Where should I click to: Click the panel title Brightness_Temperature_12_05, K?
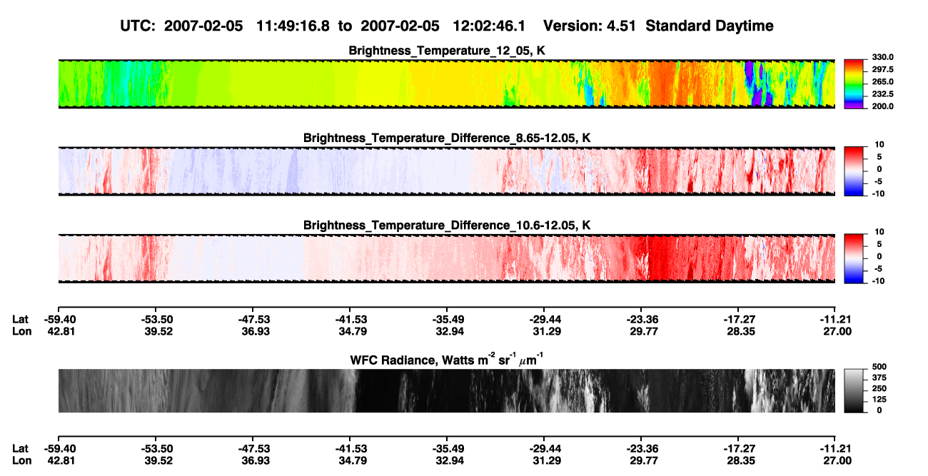(x=447, y=51)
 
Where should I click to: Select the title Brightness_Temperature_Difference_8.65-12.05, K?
(x=447, y=138)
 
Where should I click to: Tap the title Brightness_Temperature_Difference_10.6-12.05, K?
(x=447, y=226)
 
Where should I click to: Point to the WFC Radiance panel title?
(x=447, y=359)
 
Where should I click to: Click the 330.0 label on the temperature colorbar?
(x=882, y=57)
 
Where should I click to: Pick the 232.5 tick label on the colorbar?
(x=882, y=94)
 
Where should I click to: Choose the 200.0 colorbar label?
(x=882, y=106)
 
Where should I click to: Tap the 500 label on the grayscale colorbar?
(x=879, y=367)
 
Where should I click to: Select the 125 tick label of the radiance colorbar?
(x=879, y=400)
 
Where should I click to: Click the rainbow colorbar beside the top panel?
(x=854, y=84)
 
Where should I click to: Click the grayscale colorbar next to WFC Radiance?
(x=854, y=390)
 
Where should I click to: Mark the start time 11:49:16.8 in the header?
(x=293, y=26)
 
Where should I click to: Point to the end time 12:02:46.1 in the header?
(x=489, y=26)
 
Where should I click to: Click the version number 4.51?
(x=621, y=26)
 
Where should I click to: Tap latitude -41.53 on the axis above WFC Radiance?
(x=351, y=320)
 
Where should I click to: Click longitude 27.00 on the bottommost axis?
(x=837, y=461)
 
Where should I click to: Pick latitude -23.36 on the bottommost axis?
(x=642, y=449)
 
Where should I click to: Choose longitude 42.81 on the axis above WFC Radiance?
(x=61, y=331)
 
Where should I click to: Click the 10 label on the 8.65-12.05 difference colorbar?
(x=879, y=145)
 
